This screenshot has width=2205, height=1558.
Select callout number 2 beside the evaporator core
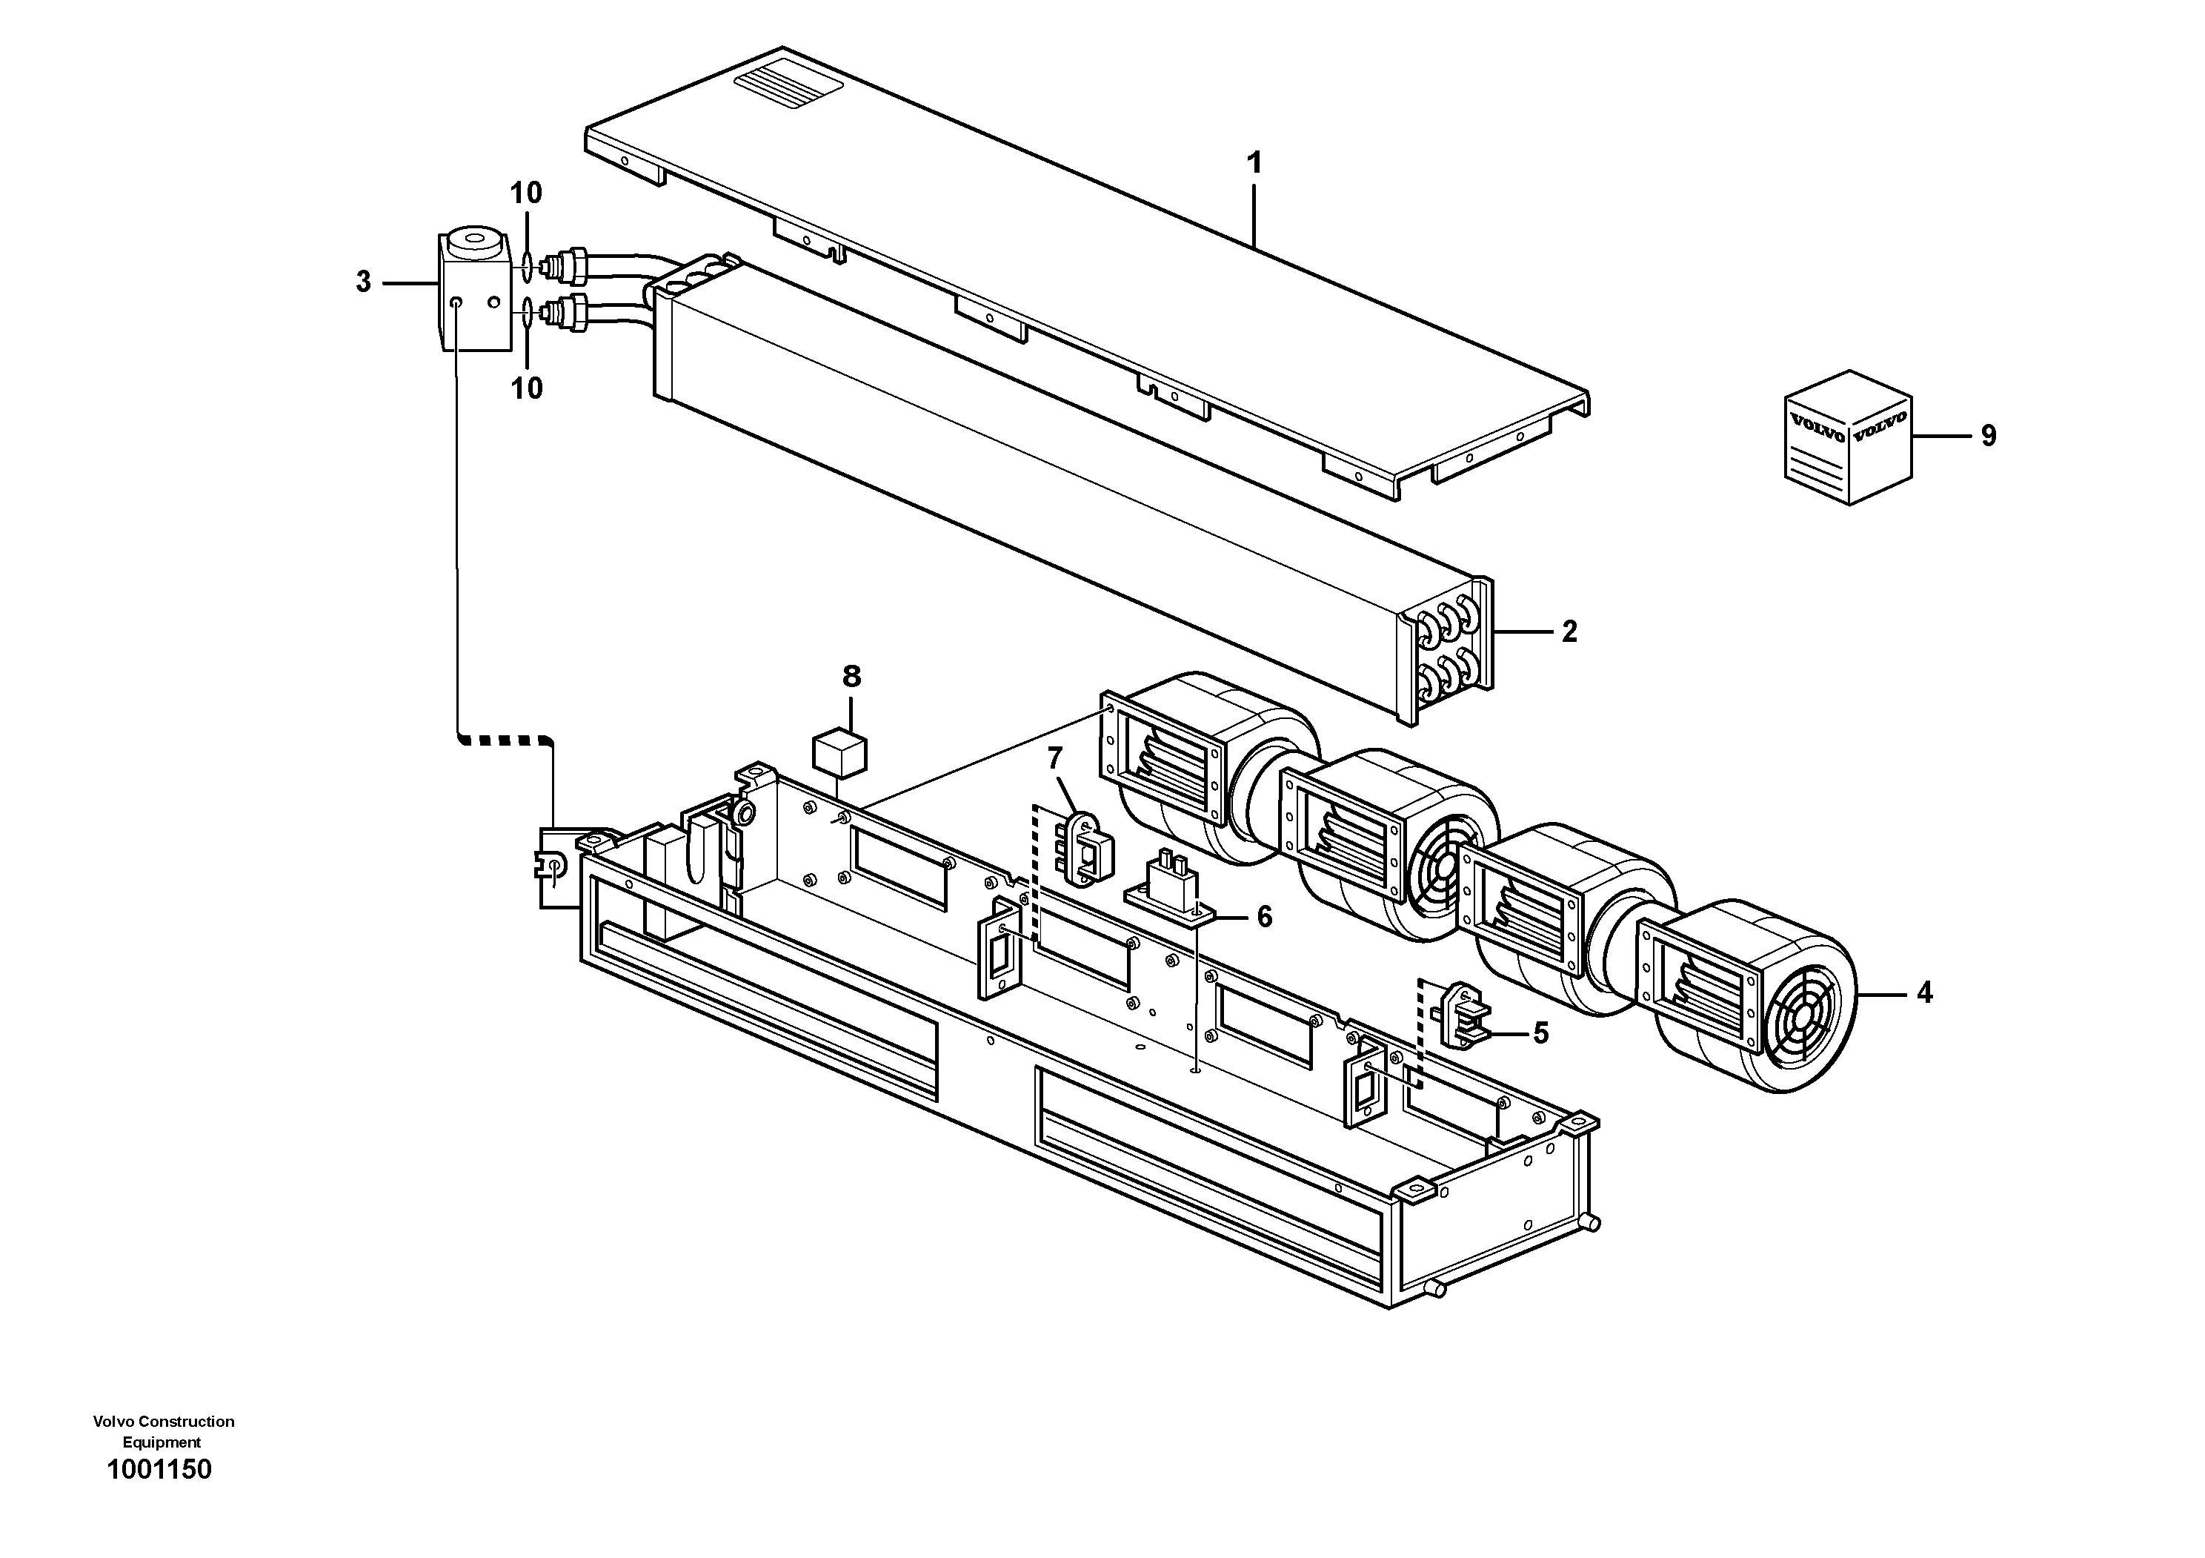pos(1569,632)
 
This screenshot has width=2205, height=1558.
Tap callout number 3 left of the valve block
pos(363,282)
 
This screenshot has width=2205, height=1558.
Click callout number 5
pos(1540,1033)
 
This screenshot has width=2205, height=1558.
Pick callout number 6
pos(1264,918)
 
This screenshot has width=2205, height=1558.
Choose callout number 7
pos(1054,759)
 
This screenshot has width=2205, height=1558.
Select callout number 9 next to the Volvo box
pos(1988,436)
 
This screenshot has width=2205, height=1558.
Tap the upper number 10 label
pos(525,193)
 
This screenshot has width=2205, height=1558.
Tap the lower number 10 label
pos(525,389)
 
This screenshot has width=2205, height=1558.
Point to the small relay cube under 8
pos(839,752)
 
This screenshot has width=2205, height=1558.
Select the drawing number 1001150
pos(159,1470)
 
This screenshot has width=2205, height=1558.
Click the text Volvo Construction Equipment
pos(163,1431)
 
